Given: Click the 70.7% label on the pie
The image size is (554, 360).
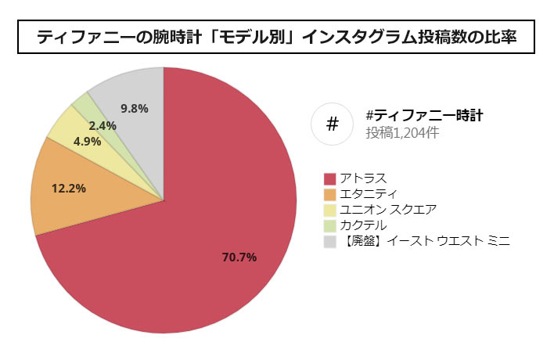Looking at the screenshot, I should tap(239, 257).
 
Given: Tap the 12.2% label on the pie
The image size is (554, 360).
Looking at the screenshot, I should tap(68, 188).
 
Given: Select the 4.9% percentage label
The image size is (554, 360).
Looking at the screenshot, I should tap(88, 142).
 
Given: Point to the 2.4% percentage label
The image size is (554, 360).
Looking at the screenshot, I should tap(103, 125).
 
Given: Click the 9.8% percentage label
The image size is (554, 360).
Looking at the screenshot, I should tap(135, 108).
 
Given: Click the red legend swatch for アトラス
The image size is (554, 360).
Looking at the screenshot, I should tap(329, 178).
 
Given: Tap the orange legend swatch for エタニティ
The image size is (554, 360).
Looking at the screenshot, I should tap(329, 194).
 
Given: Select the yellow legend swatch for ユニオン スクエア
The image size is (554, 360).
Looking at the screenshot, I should tap(329, 210).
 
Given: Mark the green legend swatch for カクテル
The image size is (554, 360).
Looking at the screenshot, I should tap(329, 225).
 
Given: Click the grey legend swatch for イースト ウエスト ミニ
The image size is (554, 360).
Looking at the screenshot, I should tap(329, 241).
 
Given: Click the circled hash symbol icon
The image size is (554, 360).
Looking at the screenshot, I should tap(332, 124).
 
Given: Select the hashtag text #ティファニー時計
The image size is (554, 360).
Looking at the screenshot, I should tap(423, 115).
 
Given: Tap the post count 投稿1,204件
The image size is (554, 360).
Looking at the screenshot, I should tap(401, 133).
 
